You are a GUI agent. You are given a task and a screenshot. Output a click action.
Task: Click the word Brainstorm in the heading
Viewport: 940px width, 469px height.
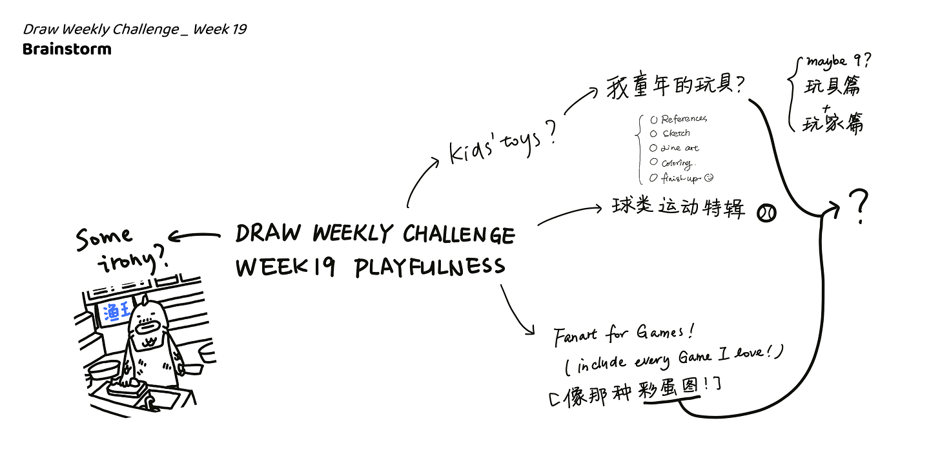point(66,49)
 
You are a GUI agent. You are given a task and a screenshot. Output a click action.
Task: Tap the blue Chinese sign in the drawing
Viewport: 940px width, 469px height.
point(116,313)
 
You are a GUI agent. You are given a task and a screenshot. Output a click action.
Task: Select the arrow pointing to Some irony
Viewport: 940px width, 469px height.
point(198,236)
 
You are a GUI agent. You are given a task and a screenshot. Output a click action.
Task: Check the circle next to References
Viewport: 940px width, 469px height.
point(653,120)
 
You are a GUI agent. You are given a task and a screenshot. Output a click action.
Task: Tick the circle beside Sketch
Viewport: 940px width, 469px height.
point(654,134)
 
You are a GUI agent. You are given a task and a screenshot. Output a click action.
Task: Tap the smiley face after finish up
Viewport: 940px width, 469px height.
point(709,177)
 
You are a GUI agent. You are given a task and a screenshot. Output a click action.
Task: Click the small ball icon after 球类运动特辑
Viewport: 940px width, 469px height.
point(767,213)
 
